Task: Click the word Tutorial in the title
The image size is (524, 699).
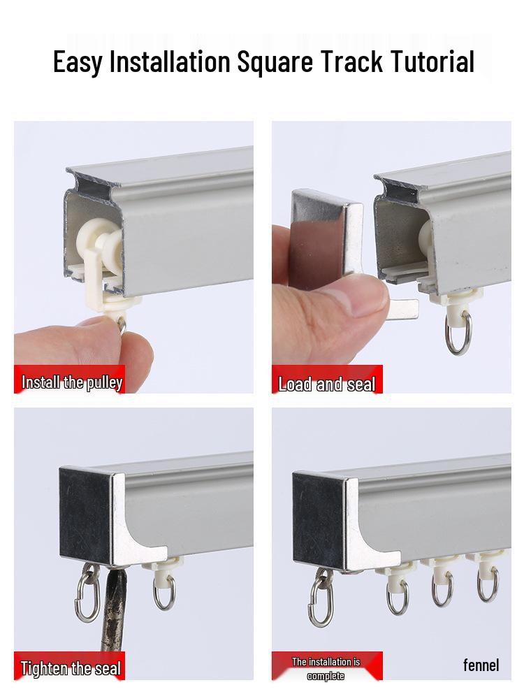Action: (432, 62)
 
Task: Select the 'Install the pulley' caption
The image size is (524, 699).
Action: (71, 382)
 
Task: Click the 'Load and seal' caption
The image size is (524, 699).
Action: (326, 384)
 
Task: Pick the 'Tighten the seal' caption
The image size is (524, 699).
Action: (71, 668)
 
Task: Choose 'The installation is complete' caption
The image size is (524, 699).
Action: (326, 668)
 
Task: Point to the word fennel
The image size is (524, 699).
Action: (481, 665)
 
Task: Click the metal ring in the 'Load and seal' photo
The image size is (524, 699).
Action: (458, 333)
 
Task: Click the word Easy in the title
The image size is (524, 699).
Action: (78, 62)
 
